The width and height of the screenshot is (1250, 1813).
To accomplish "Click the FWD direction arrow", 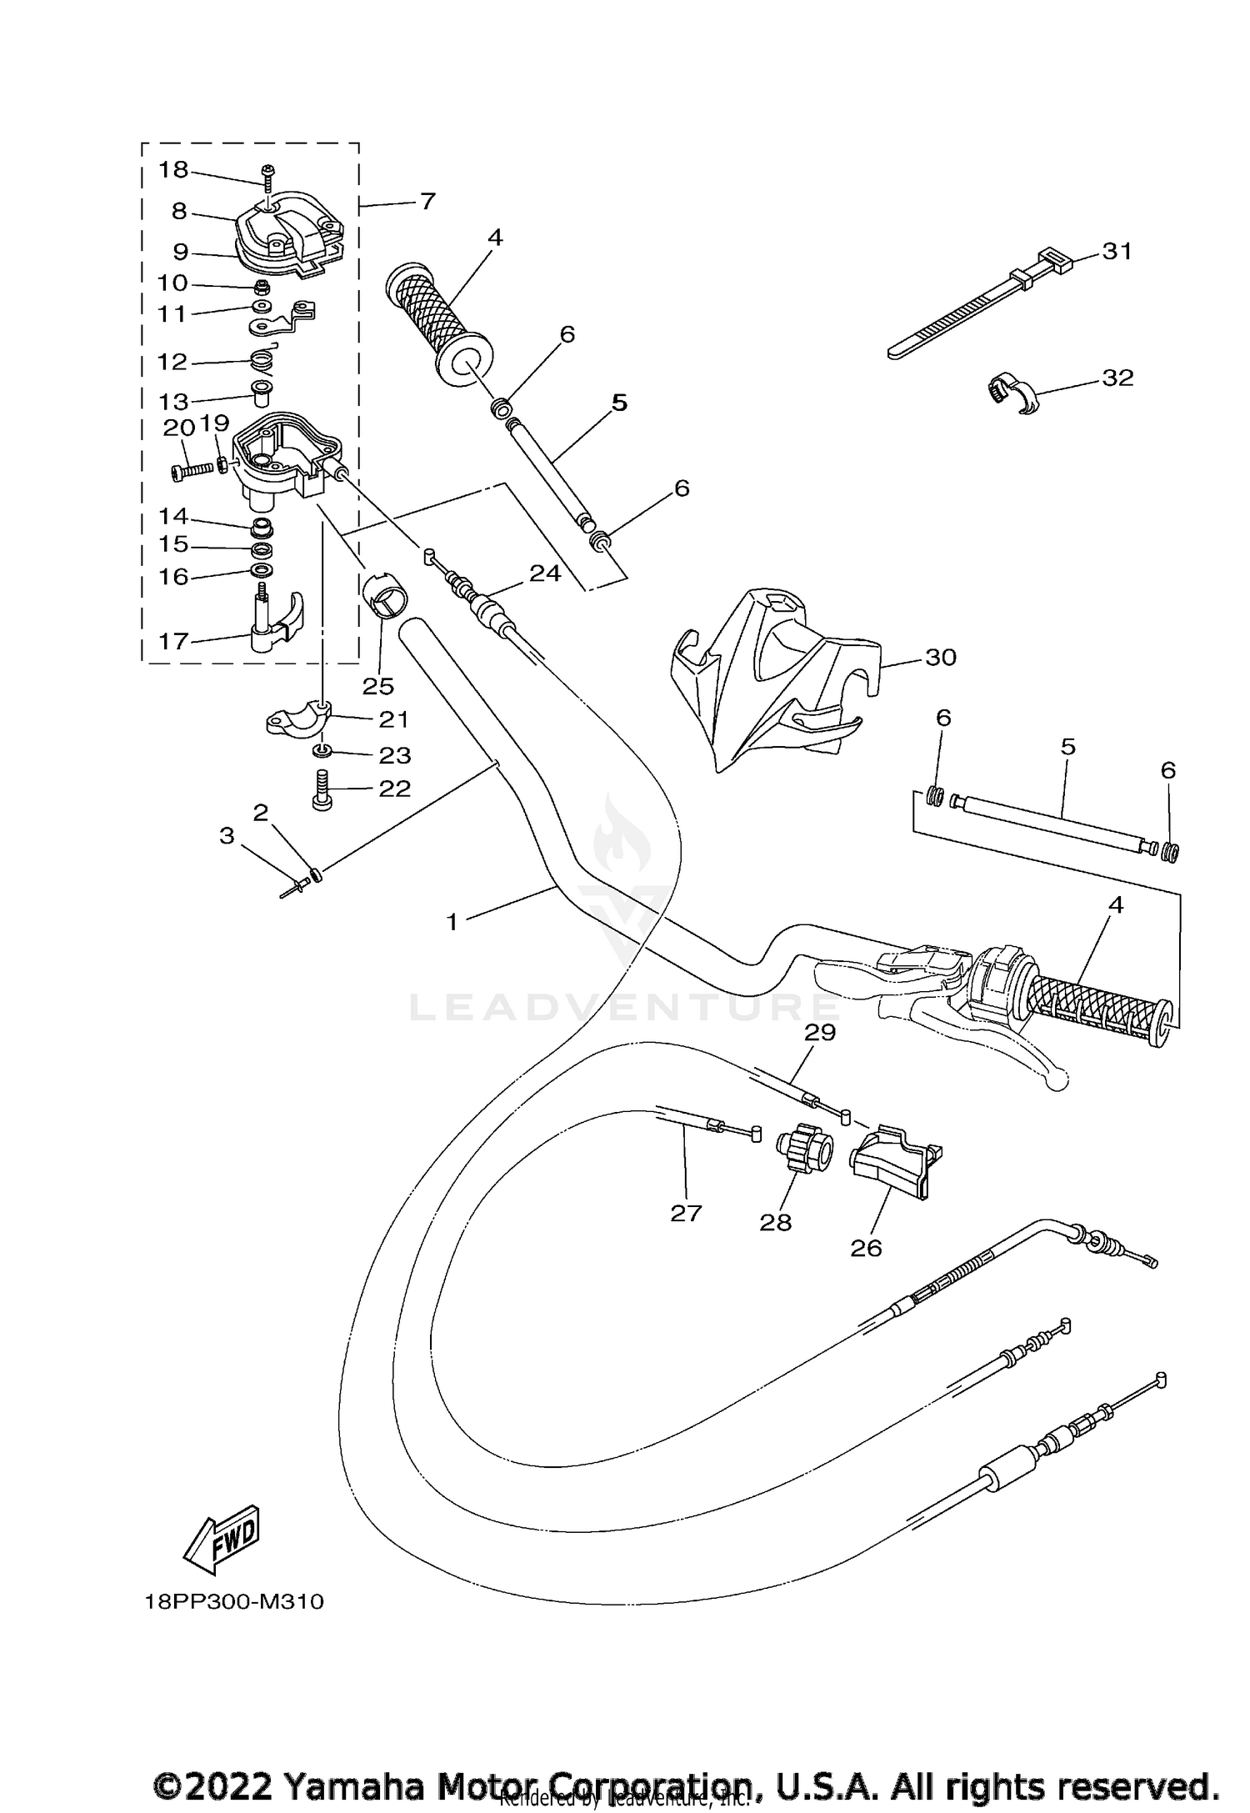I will [222, 1535].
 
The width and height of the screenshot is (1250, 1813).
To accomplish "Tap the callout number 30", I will [941, 658].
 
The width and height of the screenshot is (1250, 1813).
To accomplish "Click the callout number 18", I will [173, 170].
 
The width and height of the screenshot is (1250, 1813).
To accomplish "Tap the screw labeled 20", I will [193, 471].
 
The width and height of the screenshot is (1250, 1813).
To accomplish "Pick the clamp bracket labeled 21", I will [298, 717].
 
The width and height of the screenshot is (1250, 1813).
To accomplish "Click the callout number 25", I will [377, 685].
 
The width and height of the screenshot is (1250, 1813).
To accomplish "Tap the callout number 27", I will [686, 1213].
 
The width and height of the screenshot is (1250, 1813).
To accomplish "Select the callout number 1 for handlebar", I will [452, 922].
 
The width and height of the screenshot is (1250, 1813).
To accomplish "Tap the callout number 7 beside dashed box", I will [427, 201].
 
